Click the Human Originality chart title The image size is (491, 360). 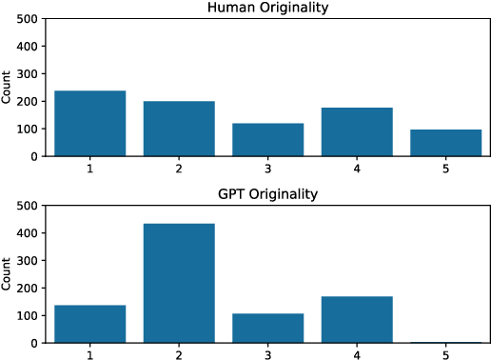coord(267,9)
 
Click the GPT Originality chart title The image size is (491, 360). coord(267,195)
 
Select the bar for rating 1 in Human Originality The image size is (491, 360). coord(90,123)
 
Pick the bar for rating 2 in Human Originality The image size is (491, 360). coord(179,129)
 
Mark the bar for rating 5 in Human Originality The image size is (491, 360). coord(445,143)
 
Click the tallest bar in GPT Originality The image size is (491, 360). coord(179,283)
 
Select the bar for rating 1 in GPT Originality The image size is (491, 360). coord(90,324)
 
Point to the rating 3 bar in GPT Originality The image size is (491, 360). coord(267,328)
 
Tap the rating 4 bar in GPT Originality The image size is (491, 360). coord(357,319)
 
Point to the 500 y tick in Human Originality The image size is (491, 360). coord(27,19)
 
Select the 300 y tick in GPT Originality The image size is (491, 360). coord(27,260)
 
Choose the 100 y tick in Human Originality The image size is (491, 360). coord(27,129)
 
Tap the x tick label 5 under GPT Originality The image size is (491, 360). coord(445,353)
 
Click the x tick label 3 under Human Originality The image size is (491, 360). coord(267,167)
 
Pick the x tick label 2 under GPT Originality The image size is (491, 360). coord(179,353)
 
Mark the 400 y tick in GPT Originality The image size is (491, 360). coord(27,232)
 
